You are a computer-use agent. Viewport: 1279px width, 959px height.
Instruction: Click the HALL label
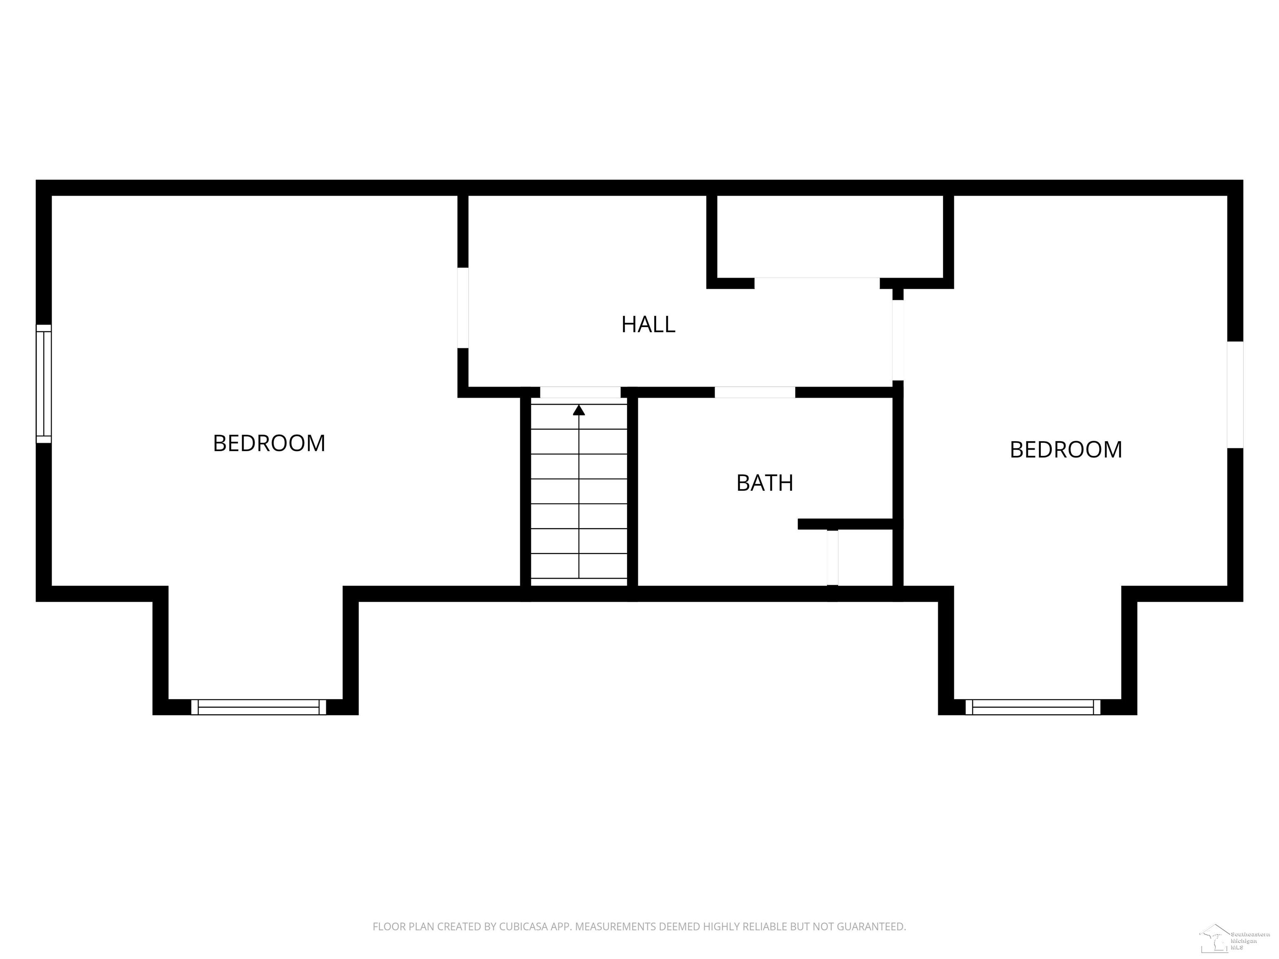coord(648,324)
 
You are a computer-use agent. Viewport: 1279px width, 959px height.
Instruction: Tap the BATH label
coord(764,483)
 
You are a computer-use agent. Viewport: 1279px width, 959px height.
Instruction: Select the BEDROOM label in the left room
coord(269,443)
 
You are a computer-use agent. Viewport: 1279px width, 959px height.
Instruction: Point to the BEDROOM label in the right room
coord(1066,450)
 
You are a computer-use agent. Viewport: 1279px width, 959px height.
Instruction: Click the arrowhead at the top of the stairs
coord(579,410)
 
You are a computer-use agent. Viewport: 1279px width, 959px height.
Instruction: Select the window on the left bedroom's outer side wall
coord(44,384)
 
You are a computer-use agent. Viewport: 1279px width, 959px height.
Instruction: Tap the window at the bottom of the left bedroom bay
coord(259,707)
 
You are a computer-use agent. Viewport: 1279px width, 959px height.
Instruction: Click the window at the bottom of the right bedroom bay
coord(1033,707)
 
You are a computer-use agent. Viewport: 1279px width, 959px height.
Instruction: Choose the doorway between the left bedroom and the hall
coord(463,308)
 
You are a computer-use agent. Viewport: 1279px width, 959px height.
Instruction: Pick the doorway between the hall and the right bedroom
coord(897,340)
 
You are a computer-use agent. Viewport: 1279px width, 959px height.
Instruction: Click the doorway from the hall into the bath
coord(754,392)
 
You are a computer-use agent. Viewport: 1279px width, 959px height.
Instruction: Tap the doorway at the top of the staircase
coord(580,392)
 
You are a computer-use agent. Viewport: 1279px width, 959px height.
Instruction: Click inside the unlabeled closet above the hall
coord(830,237)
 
